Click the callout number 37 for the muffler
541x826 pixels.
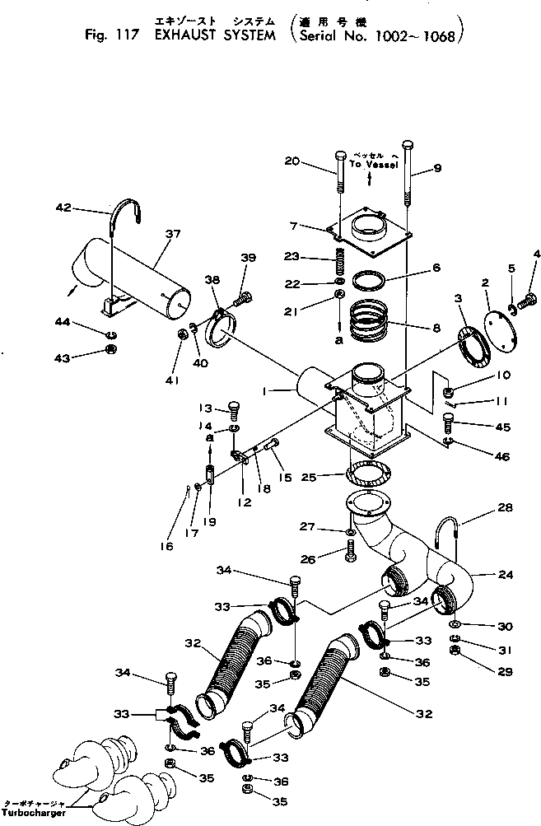[x=172, y=234]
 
